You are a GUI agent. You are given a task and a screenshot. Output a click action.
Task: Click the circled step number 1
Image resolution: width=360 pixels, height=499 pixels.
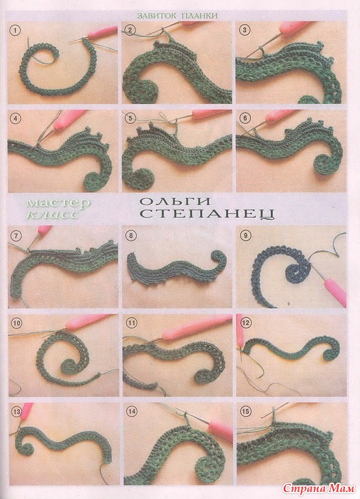point(15,31)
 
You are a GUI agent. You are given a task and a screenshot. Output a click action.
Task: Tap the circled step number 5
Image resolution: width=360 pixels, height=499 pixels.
point(130,119)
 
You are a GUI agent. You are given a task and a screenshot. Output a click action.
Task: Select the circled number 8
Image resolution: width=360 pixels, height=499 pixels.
point(130,236)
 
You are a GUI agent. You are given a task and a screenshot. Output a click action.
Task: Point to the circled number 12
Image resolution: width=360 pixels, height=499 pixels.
point(246,324)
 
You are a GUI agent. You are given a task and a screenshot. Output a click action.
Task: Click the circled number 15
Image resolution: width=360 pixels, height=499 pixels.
point(245,411)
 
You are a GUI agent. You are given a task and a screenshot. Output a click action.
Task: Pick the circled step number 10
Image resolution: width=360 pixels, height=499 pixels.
point(16,324)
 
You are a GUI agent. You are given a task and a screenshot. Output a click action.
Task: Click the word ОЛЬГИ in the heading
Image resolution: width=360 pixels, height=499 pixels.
point(175,202)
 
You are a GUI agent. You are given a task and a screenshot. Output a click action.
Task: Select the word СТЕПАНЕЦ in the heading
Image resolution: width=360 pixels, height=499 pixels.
point(207,214)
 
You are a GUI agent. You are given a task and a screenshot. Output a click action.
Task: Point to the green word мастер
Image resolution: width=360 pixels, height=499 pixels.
point(58,202)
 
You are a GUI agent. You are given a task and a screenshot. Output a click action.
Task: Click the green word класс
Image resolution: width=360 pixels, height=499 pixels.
point(53,214)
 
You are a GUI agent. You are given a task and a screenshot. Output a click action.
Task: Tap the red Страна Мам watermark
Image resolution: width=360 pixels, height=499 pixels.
point(319,488)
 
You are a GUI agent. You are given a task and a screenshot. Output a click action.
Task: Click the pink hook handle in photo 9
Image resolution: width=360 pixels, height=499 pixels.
point(335,291)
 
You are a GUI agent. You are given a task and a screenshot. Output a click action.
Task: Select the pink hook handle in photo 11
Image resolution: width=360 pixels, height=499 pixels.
point(196,328)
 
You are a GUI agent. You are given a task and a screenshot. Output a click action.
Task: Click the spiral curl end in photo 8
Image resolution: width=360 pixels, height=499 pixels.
point(219,259)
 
